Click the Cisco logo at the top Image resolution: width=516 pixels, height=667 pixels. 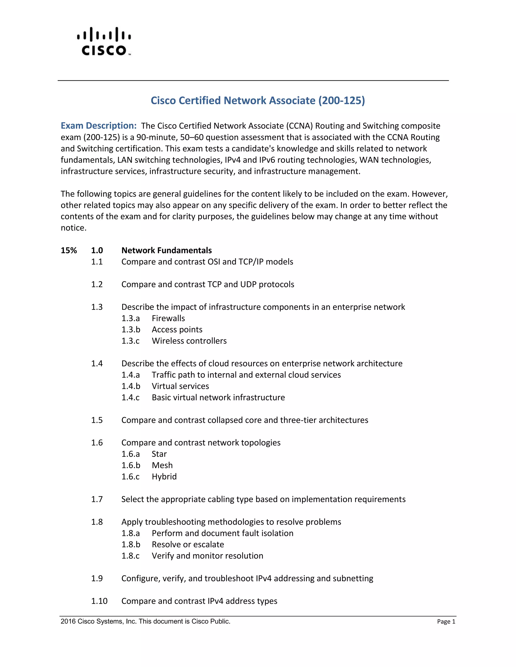[x=104, y=42]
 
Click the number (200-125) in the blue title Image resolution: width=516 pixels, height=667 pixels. [x=341, y=100]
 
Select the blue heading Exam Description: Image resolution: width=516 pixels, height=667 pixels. [x=99, y=126]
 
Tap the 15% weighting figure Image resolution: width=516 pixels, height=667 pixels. [x=69, y=250]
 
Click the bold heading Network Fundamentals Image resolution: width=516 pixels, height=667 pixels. [x=166, y=250]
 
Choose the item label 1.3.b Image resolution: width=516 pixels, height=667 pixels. [x=131, y=329]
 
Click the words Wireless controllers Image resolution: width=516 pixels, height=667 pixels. [x=189, y=341]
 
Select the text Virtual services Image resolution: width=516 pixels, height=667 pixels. [x=180, y=386]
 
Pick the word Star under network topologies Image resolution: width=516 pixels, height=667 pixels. [x=159, y=454]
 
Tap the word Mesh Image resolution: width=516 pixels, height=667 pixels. [x=162, y=465]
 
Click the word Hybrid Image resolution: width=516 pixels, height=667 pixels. [x=164, y=476]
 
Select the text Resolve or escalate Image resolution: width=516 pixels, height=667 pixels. [x=188, y=544]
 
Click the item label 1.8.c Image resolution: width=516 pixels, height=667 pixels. [x=130, y=555]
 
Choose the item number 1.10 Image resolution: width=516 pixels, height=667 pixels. [x=99, y=601]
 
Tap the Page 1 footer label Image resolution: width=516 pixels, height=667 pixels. [x=446, y=621]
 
